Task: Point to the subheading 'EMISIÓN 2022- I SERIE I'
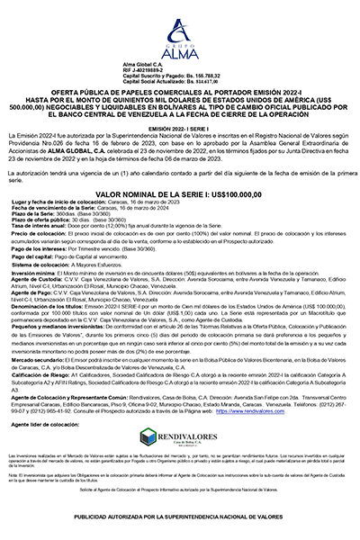click(179, 130)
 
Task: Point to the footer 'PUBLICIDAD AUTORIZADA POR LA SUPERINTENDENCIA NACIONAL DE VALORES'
click(179, 517)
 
